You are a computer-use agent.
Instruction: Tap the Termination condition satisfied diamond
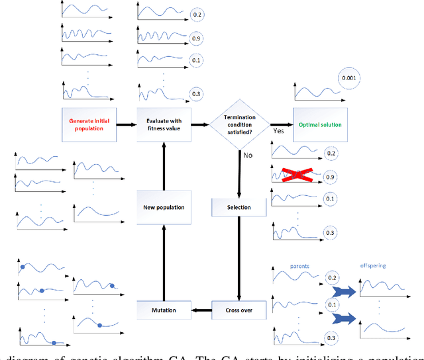coord(239,124)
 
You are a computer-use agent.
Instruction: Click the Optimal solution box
coord(315,124)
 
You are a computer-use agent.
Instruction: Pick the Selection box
coord(238,207)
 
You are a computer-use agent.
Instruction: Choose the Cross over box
coord(238,309)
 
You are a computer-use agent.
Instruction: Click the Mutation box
coord(163,309)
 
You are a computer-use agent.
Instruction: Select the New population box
coord(163,207)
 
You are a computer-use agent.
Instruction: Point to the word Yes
coord(279,131)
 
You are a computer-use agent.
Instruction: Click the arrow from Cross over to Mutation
coord(201,309)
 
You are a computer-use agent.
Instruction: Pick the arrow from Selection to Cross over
coord(238,258)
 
